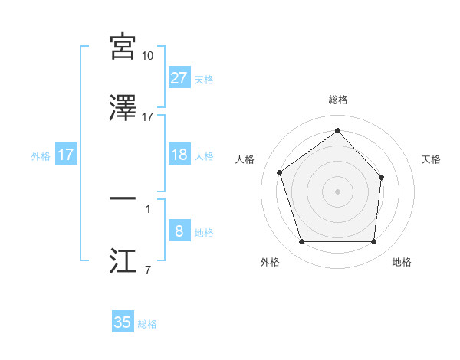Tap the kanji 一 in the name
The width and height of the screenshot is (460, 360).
pyautogui.click(x=123, y=199)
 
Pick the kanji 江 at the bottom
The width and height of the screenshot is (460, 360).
pyautogui.click(x=123, y=260)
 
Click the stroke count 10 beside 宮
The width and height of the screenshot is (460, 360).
pyautogui.click(x=147, y=56)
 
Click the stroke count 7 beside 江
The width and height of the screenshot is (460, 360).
pyautogui.click(x=147, y=269)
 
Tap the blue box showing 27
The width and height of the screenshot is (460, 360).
pyautogui.click(x=179, y=78)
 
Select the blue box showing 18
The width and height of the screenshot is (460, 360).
pyautogui.click(x=179, y=155)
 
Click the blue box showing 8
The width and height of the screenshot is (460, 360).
pyautogui.click(x=179, y=231)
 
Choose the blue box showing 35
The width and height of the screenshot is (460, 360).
pyautogui.click(x=123, y=322)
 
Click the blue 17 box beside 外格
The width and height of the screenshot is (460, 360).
pyautogui.click(x=66, y=155)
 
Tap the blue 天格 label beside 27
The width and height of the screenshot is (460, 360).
pyautogui.click(x=204, y=80)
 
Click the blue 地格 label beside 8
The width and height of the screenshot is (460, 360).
pyautogui.click(x=204, y=233)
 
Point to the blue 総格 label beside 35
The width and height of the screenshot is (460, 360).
pyautogui.click(x=147, y=324)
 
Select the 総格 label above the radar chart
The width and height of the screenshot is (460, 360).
pyautogui.click(x=338, y=100)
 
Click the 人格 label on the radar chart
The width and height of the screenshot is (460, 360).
pyautogui.click(x=245, y=159)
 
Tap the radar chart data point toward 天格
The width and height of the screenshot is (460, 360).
pyautogui.click(x=383, y=176)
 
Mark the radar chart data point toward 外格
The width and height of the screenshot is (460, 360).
pyautogui.click(x=301, y=242)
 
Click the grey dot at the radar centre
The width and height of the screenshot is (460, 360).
pyautogui.click(x=338, y=191)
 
